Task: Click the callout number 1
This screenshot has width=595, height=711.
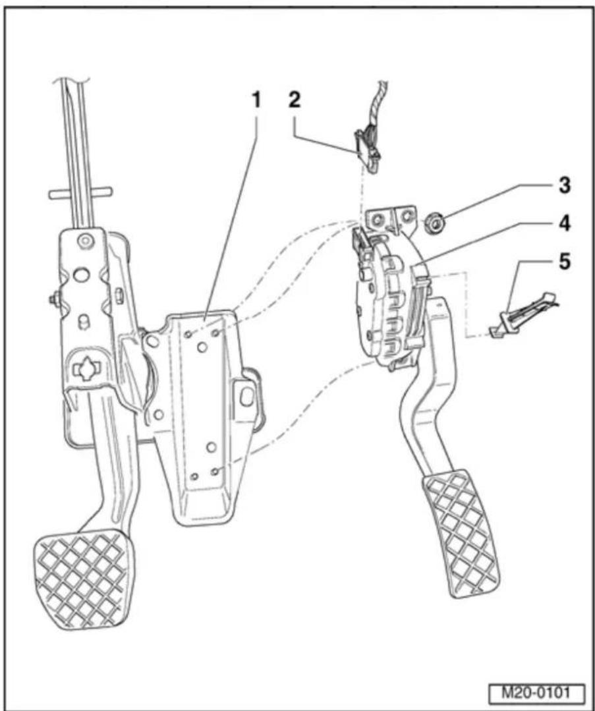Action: (256, 100)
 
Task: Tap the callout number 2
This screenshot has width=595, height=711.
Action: (295, 100)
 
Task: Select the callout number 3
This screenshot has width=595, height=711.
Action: (564, 185)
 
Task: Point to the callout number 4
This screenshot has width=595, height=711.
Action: (564, 223)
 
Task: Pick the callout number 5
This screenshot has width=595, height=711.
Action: (564, 262)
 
